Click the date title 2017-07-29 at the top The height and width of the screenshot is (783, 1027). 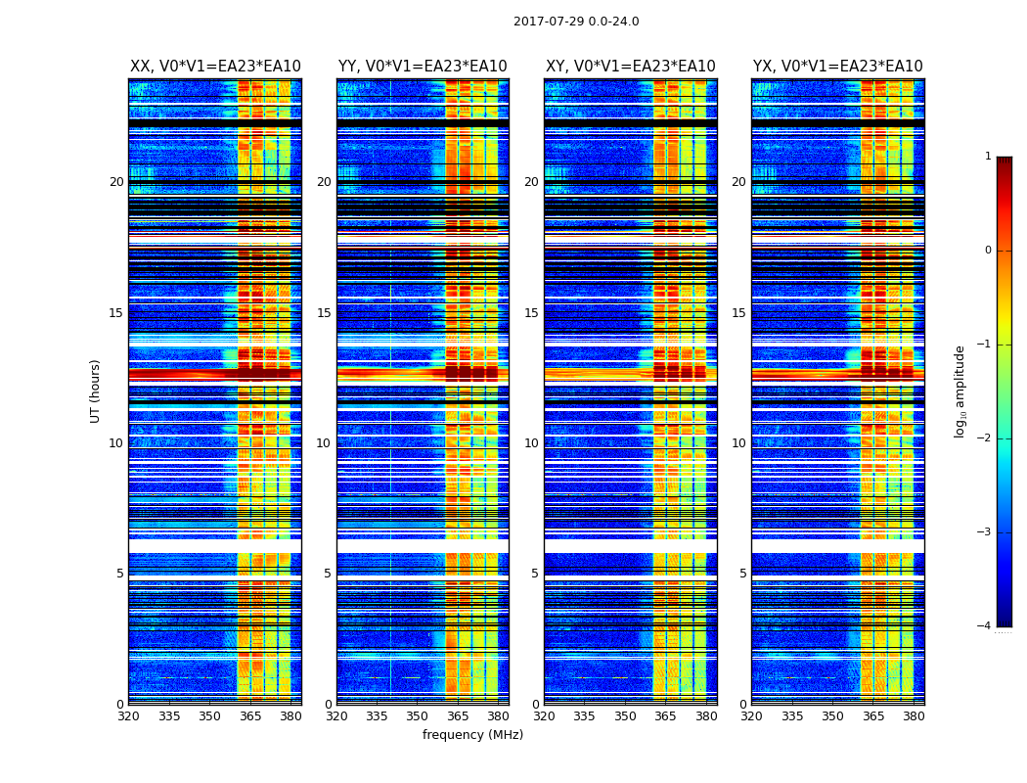(x=576, y=22)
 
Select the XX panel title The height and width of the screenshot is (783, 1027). (x=215, y=67)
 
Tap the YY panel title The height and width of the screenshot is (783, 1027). (x=423, y=67)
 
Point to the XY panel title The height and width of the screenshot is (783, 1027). (x=631, y=67)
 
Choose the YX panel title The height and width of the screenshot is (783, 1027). (x=837, y=67)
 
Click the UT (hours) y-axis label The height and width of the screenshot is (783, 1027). (x=96, y=391)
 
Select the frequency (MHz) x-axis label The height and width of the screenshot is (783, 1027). (x=472, y=735)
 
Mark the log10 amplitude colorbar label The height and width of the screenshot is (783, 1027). (x=960, y=391)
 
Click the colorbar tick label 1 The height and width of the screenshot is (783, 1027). (x=988, y=157)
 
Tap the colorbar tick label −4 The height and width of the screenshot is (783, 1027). (x=986, y=626)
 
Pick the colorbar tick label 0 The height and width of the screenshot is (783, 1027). (x=988, y=251)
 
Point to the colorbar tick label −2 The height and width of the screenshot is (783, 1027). (x=986, y=438)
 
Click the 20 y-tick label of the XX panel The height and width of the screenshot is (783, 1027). (x=116, y=182)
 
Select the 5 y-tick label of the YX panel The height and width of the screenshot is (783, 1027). (x=742, y=574)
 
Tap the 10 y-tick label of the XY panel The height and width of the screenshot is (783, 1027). (x=531, y=443)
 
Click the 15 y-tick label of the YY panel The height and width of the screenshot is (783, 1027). (x=324, y=313)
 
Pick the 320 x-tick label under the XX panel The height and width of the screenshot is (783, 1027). (x=128, y=716)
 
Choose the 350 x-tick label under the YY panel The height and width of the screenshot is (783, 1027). (x=418, y=716)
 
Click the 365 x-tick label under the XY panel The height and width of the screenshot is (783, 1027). (x=666, y=716)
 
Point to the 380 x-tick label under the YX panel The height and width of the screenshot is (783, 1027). (x=914, y=716)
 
